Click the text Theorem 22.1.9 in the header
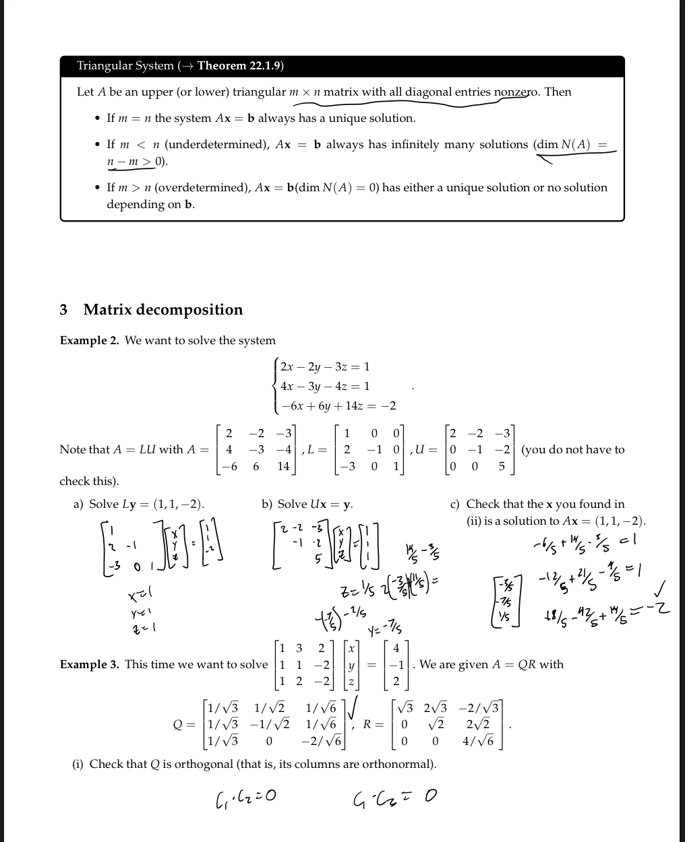point(240,66)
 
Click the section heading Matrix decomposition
point(162,310)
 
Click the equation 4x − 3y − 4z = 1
point(325,387)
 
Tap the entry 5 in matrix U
point(502,466)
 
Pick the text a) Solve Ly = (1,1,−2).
point(138,505)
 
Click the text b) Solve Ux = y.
point(307,505)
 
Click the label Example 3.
point(90,665)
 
